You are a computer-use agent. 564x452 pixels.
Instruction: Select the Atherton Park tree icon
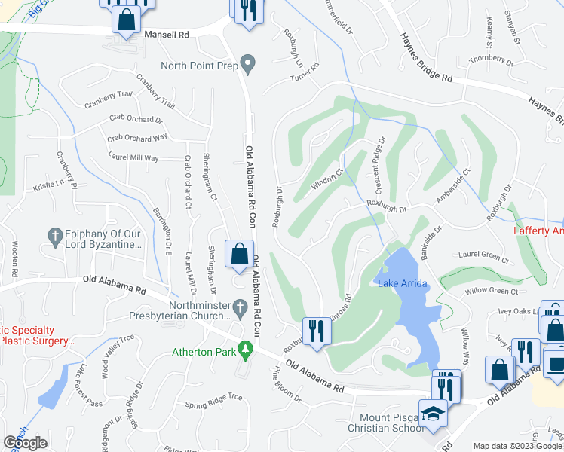[x=244, y=349]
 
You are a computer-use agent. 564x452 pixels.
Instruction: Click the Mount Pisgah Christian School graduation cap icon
[x=434, y=415]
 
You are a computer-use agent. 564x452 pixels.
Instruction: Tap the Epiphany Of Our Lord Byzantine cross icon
[x=54, y=236]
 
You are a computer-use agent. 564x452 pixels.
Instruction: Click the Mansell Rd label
[x=167, y=35]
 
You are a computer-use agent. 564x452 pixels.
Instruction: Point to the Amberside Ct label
[x=452, y=185]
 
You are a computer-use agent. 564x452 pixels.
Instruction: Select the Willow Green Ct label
[x=492, y=291]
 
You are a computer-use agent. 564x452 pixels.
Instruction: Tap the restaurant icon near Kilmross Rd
[x=314, y=331]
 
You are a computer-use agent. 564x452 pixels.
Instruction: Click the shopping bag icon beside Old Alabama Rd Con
[x=239, y=255]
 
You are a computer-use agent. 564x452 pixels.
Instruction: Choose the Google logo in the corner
[x=26, y=443]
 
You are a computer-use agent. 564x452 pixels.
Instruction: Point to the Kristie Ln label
[x=48, y=185]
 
